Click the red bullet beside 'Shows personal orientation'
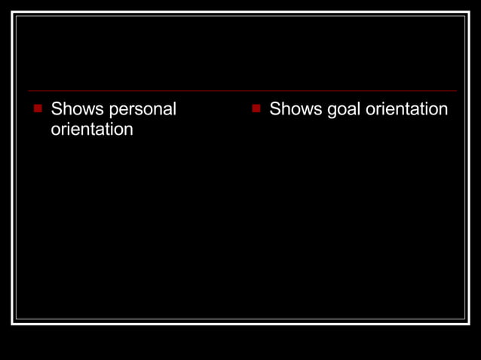click(37, 108)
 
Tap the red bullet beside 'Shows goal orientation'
click(256, 108)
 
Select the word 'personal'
click(142, 109)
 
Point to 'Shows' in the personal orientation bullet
click(77, 109)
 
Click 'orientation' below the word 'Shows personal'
click(92, 130)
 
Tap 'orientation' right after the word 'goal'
click(406, 109)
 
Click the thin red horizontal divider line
click(241, 91)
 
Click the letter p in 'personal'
click(115, 111)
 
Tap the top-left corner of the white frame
click(13, 13)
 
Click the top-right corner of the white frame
click(468, 13)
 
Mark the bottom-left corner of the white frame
click(13, 323)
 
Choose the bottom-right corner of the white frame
click(468, 323)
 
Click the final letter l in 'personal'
click(174, 109)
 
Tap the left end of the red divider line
click(29, 91)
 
